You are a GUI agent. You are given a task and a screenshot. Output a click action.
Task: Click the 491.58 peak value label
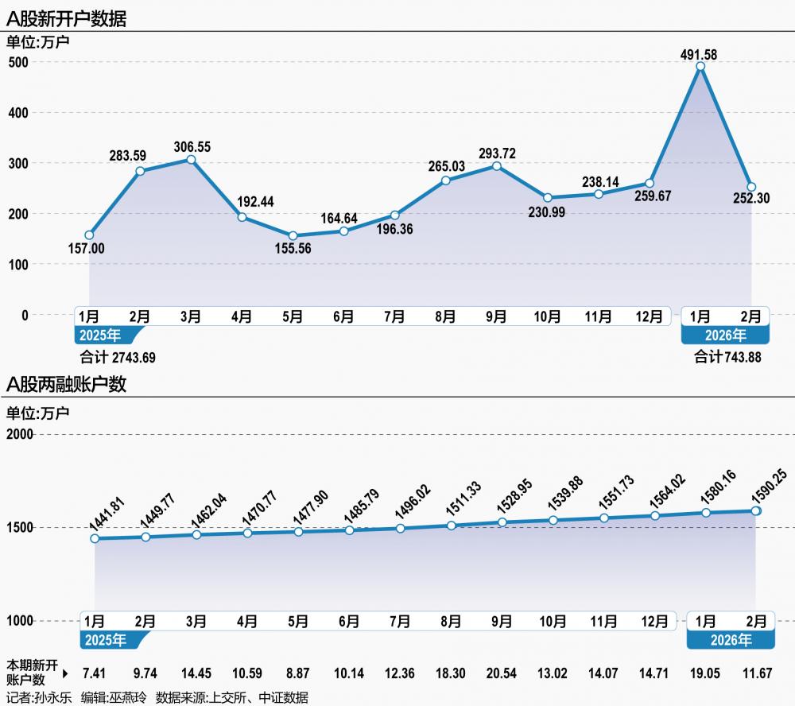(700, 55)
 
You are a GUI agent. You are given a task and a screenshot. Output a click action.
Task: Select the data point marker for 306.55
(191, 160)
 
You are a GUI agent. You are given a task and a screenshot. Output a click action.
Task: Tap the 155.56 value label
(293, 250)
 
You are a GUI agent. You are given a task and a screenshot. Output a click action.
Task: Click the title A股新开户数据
(67, 17)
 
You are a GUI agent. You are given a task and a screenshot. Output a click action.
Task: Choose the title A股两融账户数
(67, 386)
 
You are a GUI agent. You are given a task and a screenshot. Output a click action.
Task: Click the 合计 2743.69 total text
(118, 357)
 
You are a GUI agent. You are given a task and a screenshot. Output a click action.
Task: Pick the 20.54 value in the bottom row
(502, 673)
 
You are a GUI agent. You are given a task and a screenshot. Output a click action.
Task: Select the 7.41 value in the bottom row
(94, 673)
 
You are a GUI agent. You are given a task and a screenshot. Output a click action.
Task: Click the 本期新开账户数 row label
(32, 673)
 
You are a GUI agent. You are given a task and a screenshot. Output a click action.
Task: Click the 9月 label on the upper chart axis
(496, 316)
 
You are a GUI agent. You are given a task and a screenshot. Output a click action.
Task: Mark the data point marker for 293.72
(497, 166)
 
